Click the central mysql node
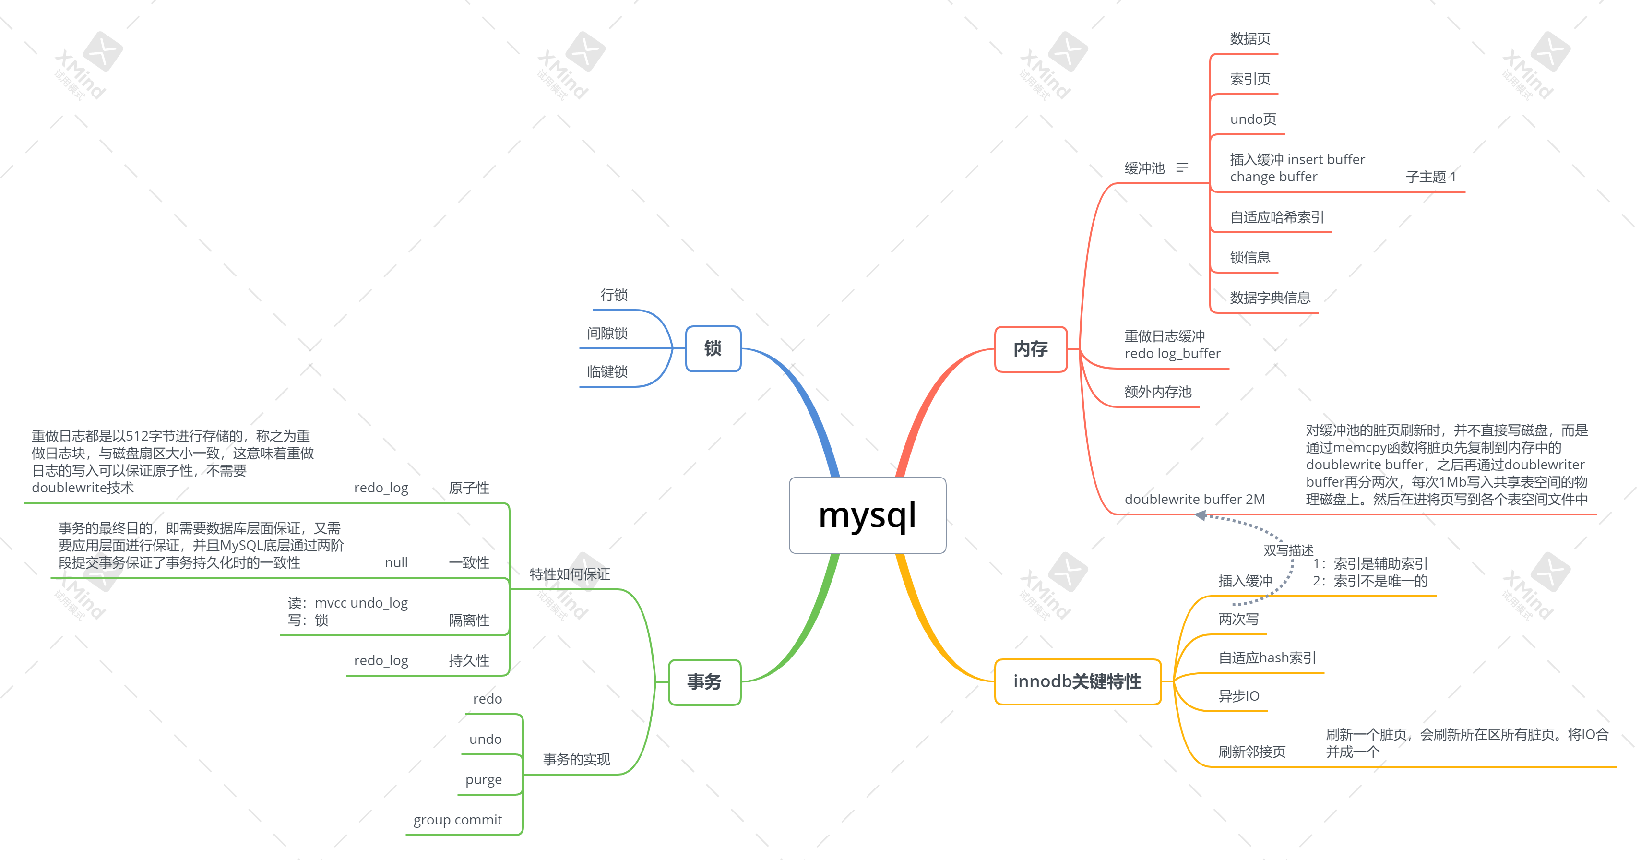pos(867,515)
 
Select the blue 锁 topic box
pos(713,348)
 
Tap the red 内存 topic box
pos(1030,349)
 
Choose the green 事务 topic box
pos(704,682)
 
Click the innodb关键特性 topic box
pos(1077,681)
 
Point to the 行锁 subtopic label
pos(614,295)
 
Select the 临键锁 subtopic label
pos(607,371)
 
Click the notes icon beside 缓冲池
pos(1182,167)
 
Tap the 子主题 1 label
pos(1430,177)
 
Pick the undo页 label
pos(1253,119)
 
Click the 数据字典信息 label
pos(1270,298)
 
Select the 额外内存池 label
pos(1157,392)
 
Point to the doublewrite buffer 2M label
pos(1194,500)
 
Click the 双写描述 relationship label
pos(1288,550)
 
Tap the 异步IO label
pos(1238,696)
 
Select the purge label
pos(484,780)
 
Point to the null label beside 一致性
pos(396,562)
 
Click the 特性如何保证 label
pos(570,574)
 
